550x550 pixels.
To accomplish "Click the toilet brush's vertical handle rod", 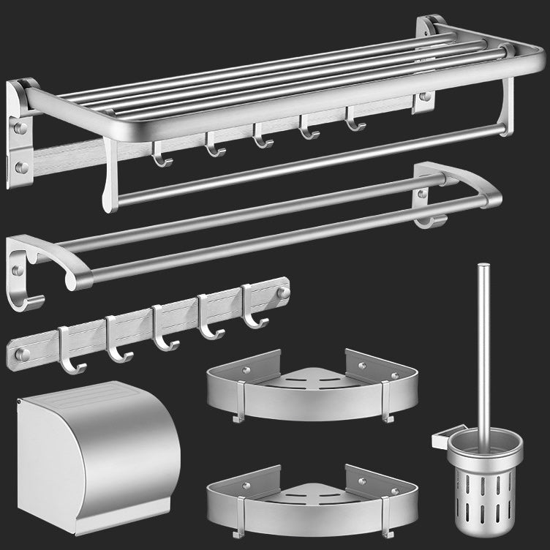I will pos(483,344).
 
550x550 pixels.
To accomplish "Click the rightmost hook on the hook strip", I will pos(253,307).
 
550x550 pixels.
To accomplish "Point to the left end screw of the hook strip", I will pos(22,354).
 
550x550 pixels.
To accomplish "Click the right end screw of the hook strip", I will pos(284,293).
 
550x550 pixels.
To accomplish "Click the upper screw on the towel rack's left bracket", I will pos(20,128).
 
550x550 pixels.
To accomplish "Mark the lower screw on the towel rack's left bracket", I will pos(21,168).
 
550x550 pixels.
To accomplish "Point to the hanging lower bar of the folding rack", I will pos(307,165).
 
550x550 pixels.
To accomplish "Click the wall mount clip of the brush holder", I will pos(439,440).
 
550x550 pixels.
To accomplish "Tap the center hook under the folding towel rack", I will pos(258,135).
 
